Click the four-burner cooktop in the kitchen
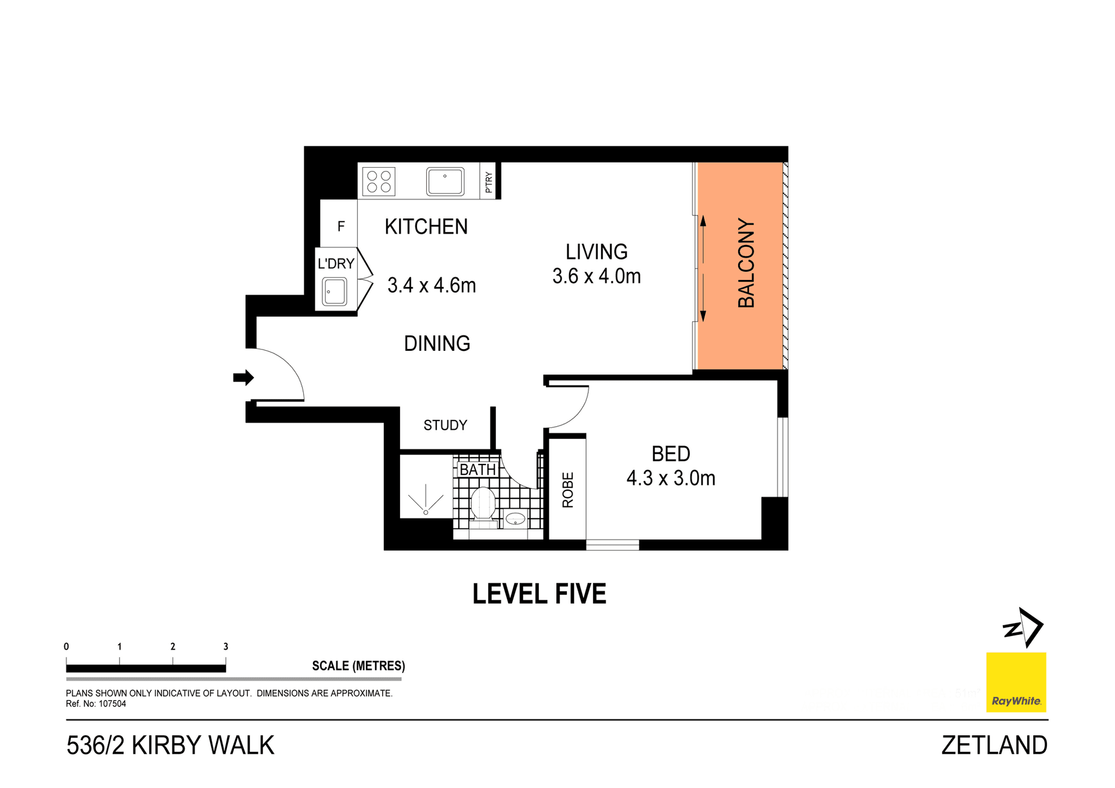(379, 181)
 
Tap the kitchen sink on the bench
(445, 181)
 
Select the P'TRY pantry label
(488, 182)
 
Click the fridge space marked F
(341, 226)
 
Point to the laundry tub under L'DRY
(334, 292)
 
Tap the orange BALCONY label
(746, 263)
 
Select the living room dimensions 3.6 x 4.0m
(596, 276)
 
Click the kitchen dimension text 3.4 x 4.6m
(431, 286)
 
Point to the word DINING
(437, 344)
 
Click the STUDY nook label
(445, 426)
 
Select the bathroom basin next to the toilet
(515, 519)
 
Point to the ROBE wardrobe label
(568, 490)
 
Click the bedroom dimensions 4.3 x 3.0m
(671, 478)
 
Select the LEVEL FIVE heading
(539, 594)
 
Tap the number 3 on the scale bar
(226, 646)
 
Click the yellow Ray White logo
(1016, 682)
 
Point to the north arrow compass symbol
(1024, 628)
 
